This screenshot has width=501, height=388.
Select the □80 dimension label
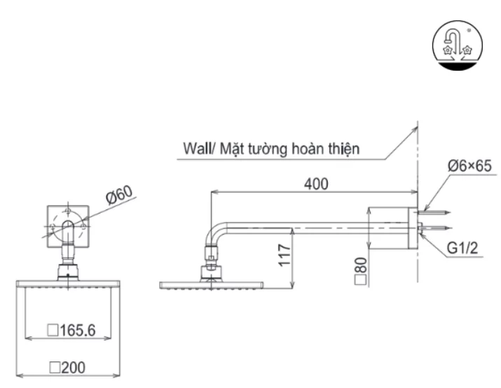(362, 268)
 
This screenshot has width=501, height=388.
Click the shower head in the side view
(211, 284)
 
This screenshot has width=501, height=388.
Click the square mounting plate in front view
(67, 228)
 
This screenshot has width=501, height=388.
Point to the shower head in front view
(67, 282)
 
